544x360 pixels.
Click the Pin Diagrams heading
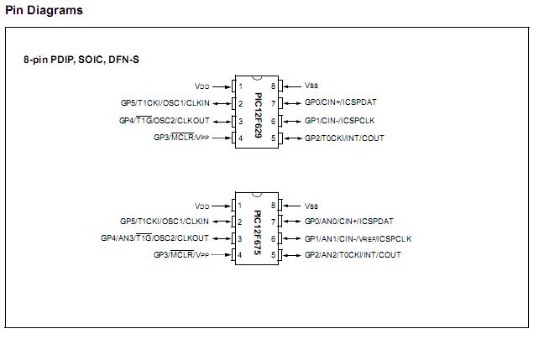[x=44, y=10]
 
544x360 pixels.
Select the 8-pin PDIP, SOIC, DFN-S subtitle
[x=81, y=60]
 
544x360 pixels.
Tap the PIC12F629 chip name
[x=258, y=115]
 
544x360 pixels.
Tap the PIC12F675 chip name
[x=258, y=232]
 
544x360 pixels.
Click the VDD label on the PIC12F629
[x=202, y=86]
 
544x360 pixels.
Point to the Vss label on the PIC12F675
[x=311, y=206]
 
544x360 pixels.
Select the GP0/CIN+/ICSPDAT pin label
[x=340, y=102]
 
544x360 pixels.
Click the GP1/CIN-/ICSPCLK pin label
[x=340, y=121]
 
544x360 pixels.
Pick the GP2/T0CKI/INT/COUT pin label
[x=344, y=138]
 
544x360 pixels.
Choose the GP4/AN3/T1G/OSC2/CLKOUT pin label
[x=154, y=238]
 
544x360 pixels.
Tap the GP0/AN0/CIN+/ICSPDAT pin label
[x=348, y=222]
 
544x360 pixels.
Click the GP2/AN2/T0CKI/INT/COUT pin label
[x=353, y=255]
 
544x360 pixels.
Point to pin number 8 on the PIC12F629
[x=274, y=86]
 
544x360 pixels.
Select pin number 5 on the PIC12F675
[x=274, y=255]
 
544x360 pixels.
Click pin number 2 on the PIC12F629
[x=240, y=103]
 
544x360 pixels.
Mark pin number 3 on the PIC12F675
[x=240, y=238]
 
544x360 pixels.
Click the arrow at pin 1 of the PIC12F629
[x=222, y=86]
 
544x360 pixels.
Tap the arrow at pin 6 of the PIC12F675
[x=292, y=238]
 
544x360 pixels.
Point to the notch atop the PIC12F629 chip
[x=257, y=78]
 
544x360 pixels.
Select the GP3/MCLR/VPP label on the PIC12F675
[x=181, y=255]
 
